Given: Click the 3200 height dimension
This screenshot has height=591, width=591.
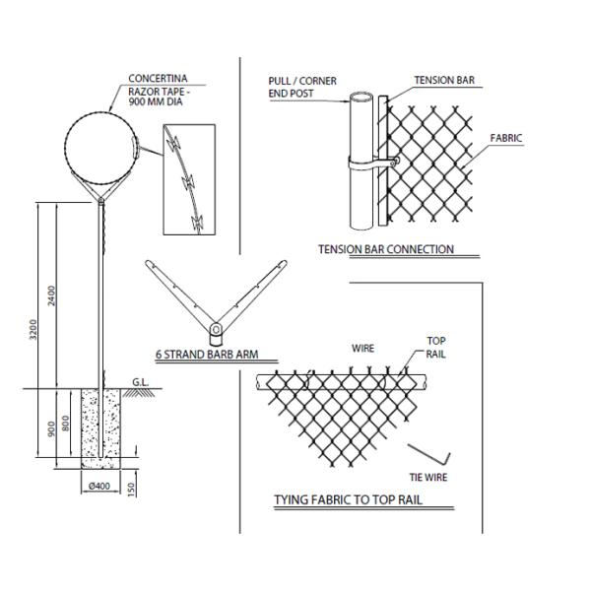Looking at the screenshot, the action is click(33, 329).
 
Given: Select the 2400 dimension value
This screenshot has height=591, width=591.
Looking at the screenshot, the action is click(51, 295).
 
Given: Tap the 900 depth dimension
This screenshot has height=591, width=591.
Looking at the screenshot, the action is click(51, 428).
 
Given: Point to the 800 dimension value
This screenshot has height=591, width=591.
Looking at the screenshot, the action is click(65, 423).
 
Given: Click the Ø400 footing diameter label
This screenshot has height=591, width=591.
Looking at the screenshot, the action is click(99, 486).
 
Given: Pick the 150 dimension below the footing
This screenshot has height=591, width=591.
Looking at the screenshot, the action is click(131, 490).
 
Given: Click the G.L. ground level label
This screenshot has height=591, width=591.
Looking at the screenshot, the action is click(140, 382).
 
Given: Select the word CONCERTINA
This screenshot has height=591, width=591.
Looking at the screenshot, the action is click(158, 79).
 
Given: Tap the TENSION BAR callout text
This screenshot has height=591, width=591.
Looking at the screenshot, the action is click(444, 80).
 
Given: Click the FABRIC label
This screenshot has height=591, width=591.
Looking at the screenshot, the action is click(506, 138).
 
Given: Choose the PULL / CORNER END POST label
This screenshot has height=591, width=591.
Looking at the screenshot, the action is click(302, 87).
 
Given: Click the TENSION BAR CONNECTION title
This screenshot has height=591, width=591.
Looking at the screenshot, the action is click(386, 249).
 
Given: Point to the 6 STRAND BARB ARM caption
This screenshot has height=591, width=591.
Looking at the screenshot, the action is click(207, 355).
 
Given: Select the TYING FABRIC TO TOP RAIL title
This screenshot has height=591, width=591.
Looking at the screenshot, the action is click(348, 499).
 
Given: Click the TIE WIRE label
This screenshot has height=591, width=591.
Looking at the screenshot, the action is click(428, 477).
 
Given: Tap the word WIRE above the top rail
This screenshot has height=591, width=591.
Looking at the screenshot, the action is click(362, 349).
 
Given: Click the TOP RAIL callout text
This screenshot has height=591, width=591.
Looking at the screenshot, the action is click(435, 348).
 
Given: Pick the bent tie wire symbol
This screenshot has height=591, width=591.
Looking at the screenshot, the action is click(429, 455).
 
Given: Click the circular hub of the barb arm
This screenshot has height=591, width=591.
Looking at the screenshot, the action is click(216, 330).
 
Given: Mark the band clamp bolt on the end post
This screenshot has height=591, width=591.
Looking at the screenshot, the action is click(393, 163).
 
